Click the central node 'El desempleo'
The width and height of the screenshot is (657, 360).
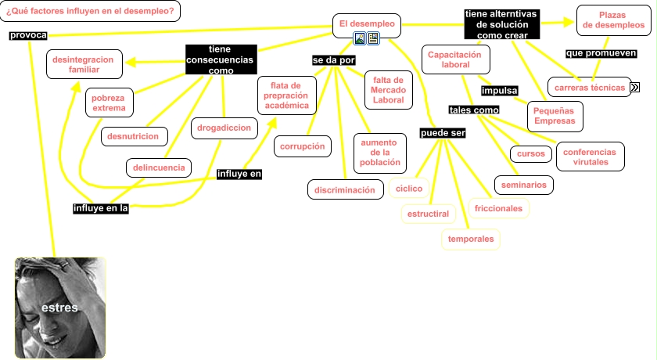pos(367,24)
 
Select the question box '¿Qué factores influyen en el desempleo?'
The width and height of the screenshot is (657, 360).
pos(90,11)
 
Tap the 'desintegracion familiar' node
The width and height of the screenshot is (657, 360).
pos(84,65)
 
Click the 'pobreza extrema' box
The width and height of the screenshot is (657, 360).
pos(109,103)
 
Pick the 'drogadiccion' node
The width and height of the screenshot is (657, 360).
pos(224,127)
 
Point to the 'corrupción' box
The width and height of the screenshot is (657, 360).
pos(303,146)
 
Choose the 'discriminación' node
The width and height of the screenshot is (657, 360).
pos(344,190)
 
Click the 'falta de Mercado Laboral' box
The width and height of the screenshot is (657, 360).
pos(388,90)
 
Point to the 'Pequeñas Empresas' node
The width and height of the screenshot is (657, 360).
pos(554,116)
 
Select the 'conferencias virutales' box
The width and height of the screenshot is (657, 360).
pos(590,157)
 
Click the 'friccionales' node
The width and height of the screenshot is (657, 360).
pos(498,209)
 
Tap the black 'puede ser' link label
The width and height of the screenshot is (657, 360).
pos(443,133)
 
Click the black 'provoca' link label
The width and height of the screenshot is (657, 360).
pos(29,36)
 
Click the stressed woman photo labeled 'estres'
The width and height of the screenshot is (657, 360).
pos(60,308)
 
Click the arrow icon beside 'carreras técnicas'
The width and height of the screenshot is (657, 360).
pos(635,88)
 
